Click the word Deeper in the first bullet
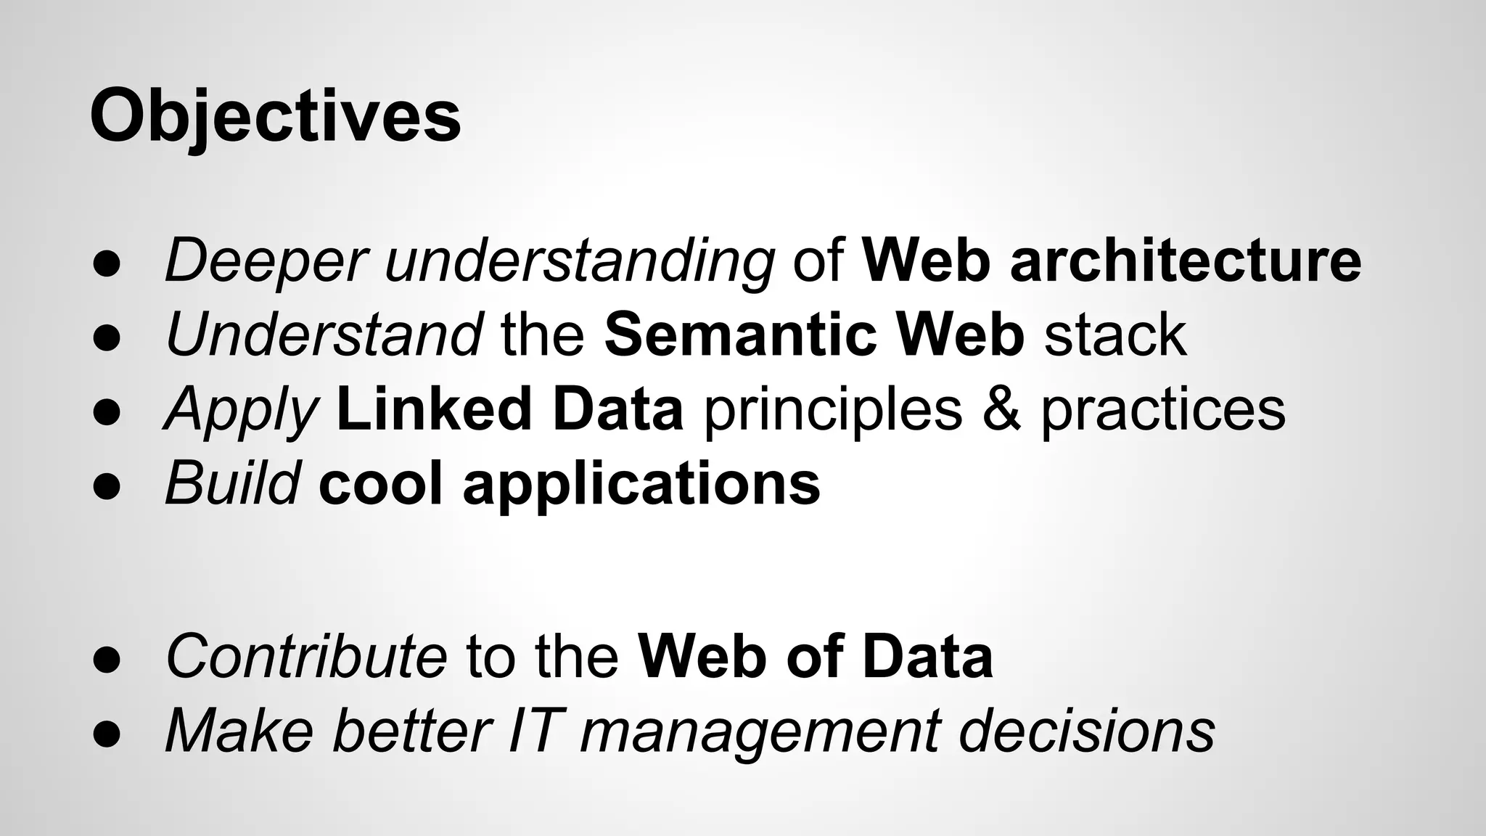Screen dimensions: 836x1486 click(x=266, y=261)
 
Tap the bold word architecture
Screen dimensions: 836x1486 click(x=1185, y=261)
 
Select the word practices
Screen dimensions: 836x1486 click(x=1163, y=411)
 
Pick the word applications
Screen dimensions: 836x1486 click(x=641, y=485)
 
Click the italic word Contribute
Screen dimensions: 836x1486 click(x=306, y=656)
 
